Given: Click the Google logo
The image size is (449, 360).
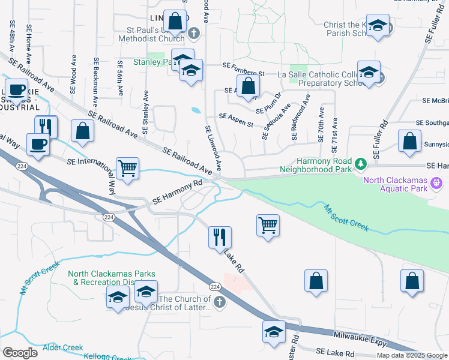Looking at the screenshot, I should [20, 353].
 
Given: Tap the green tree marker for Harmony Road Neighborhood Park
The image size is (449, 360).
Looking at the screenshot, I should [360, 163].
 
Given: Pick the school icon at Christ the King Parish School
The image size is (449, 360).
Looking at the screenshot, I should [377, 26].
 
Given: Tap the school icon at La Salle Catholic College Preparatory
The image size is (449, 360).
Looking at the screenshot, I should [368, 72].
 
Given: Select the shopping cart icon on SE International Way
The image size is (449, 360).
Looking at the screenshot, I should [127, 169].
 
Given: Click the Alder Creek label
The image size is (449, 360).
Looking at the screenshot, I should [62, 347].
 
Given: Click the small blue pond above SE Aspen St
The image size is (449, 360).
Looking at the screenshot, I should [196, 110].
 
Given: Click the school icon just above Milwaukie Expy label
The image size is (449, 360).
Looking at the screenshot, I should [273, 332].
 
